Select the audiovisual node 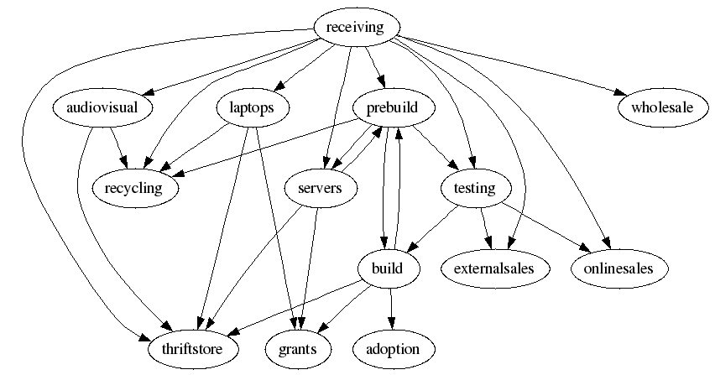101,107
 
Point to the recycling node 140,188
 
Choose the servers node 320,188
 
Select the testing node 474,188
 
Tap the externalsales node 494,268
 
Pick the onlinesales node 622,268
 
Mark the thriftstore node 192,348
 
